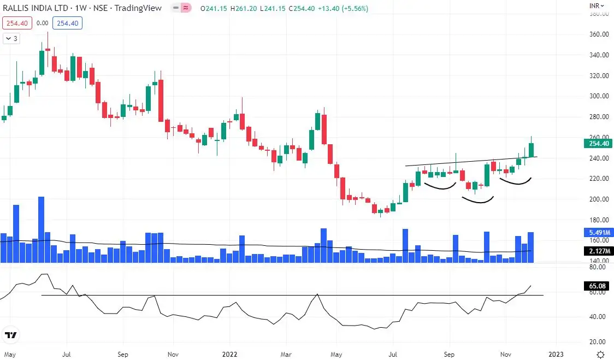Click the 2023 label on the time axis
coord(556,354)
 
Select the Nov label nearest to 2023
coord(507,354)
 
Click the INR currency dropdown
coord(597,5)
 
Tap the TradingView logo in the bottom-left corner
coord(11,335)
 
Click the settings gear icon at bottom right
coord(600,354)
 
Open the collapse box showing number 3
coord(11,39)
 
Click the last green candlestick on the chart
coord(531,150)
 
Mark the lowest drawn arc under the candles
coord(478,200)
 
